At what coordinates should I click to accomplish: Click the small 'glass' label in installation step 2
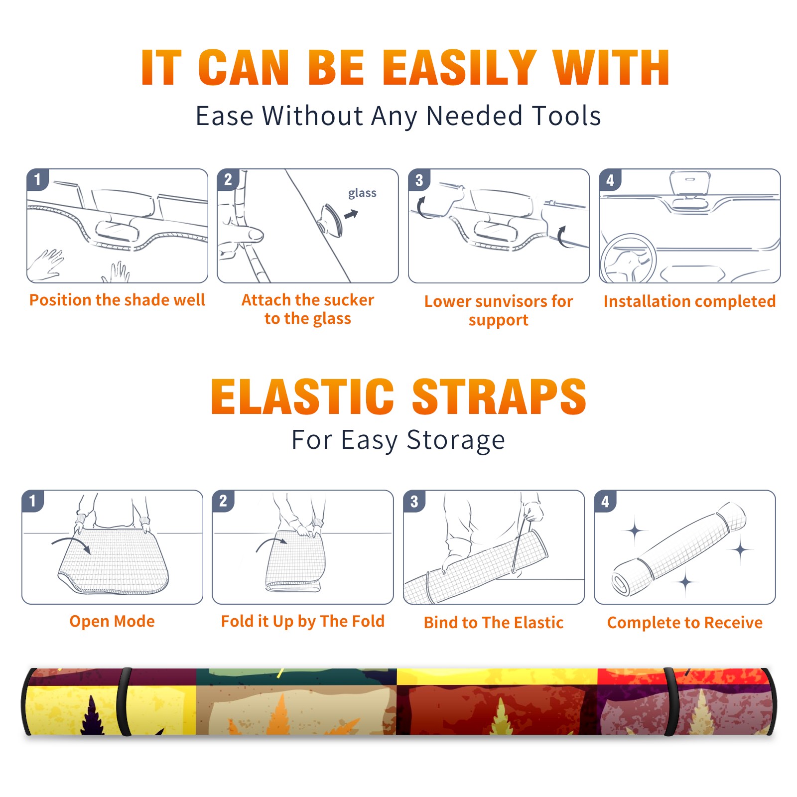[362, 193]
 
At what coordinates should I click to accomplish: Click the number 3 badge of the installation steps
[419, 180]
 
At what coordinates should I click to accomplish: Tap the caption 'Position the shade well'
[117, 300]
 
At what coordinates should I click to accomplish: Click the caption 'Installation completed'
[689, 301]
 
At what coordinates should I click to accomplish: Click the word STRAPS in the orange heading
[499, 397]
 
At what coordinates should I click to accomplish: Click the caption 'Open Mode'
[112, 621]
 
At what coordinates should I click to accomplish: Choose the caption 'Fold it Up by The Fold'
[303, 622]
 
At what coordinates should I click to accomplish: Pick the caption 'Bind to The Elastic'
[494, 623]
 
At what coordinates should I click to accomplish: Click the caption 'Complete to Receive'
[685, 623]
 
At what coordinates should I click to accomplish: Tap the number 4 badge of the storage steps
[605, 501]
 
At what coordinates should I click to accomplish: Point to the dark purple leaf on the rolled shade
[92, 715]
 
